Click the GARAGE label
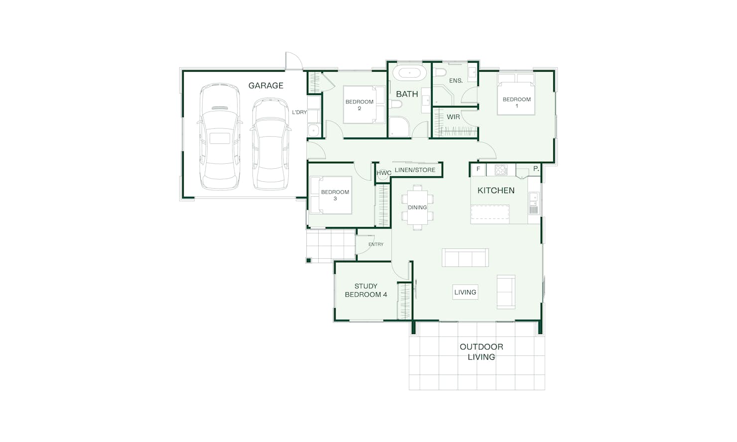tap(265, 86)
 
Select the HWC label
tap(383, 173)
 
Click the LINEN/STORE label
tap(415, 170)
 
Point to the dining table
tap(417, 208)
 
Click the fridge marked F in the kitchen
tap(479, 169)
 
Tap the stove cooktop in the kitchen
tap(501, 170)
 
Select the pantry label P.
tap(536, 169)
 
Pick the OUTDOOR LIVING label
tap(482, 351)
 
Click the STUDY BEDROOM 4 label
tap(366, 290)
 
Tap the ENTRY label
tap(376, 244)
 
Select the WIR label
tap(453, 117)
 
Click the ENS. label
tap(456, 81)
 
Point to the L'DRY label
tap(299, 112)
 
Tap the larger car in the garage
tap(220, 136)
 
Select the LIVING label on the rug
tap(465, 292)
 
